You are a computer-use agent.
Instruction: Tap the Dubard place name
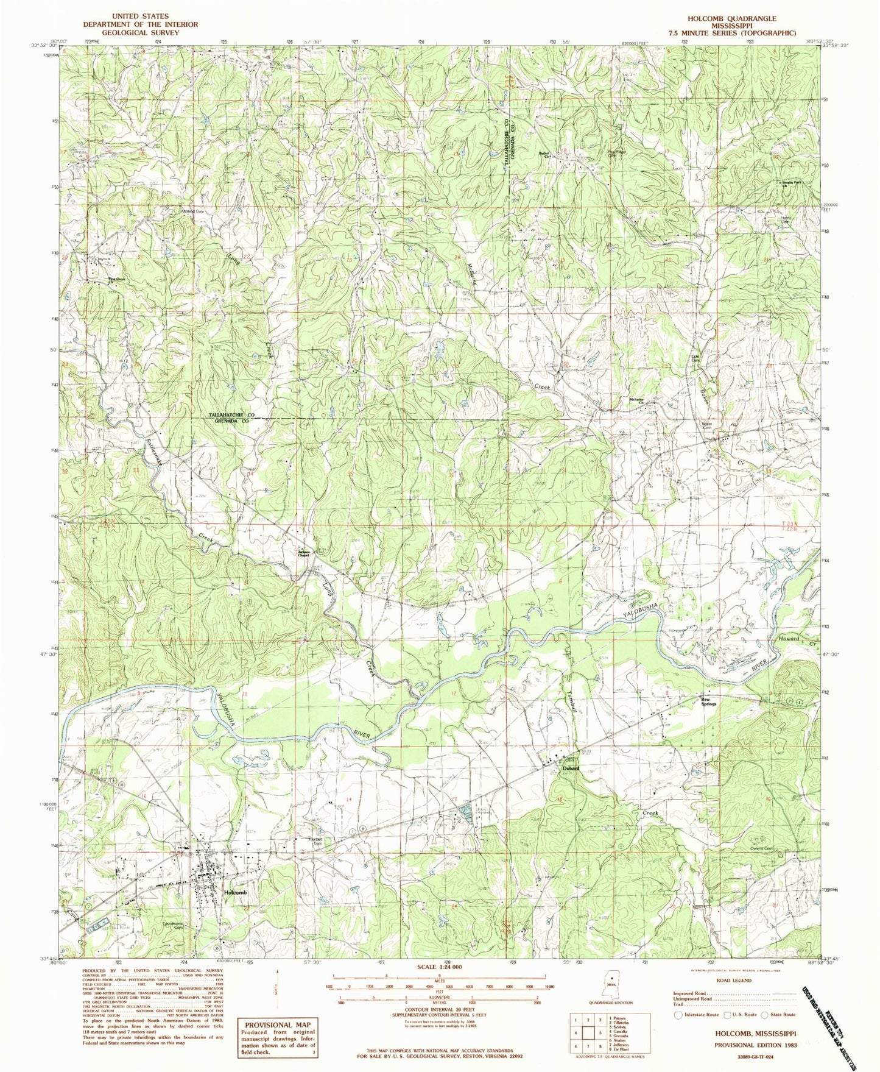coord(569,769)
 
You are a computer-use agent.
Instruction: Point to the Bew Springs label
coord(707,701)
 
